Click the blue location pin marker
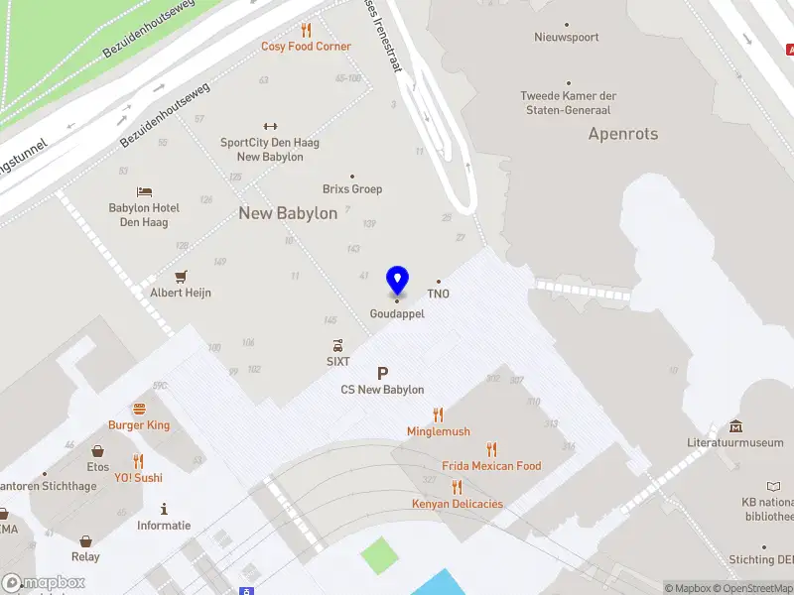[397, 281]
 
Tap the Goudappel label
[397, 313]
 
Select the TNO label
[439, 294]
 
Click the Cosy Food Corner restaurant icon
[306, 31]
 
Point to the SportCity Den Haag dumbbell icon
[269, 126]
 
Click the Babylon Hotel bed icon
[145, 191]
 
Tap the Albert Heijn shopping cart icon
[181, 277]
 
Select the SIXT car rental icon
[338, 346]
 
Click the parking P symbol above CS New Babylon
[382, 373]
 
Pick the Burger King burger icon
[139, 409]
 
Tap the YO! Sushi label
[138, 478]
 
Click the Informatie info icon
[164, 508]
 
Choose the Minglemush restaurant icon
[438, 415]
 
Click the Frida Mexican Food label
[491, 466]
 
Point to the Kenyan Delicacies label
[458, 504]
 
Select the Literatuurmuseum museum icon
[735, 426]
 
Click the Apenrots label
[623, 134]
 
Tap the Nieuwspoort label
[567, 38]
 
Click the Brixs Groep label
[352, 189]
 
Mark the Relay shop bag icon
[86, 541]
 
